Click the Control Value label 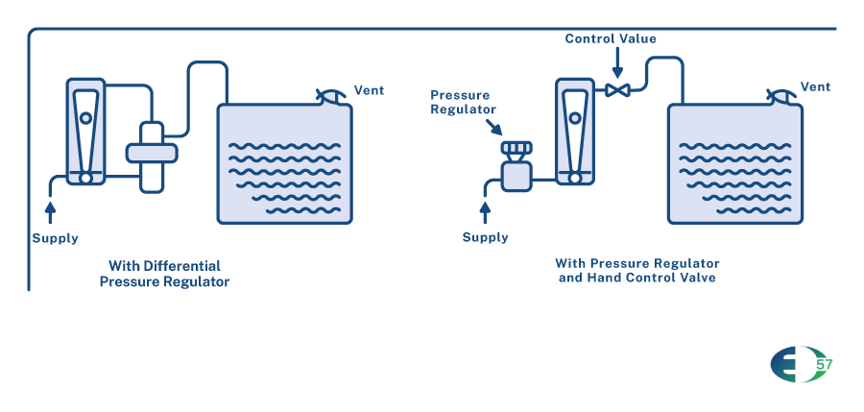611,38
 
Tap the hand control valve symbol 617,90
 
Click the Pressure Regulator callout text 461,102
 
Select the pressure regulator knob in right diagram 516,148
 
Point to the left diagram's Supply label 56,238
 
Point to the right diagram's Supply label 486,237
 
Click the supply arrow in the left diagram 51,205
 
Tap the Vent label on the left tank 370,90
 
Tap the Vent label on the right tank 815,86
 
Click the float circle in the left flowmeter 86,118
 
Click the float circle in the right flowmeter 575,118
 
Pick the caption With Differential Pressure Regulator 164,274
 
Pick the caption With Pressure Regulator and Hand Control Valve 637,270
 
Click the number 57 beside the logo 824,365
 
